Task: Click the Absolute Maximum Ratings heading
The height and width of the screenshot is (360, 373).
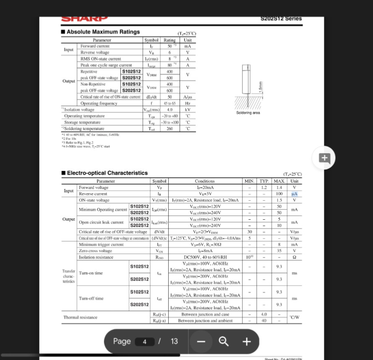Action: point(103,32)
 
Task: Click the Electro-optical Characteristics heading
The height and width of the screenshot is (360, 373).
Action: point(107,173)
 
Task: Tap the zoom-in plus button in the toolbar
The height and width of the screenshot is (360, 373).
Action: point(247,342)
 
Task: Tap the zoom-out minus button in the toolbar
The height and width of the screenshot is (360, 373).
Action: point(201,342)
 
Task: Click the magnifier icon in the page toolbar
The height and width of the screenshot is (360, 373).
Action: point(224,342)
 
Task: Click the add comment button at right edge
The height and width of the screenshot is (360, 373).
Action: point(324,158)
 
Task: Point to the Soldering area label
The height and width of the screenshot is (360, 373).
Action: point(248,113)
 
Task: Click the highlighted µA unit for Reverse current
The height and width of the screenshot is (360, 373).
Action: point(294,194)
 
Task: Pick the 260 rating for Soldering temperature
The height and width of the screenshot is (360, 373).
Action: point(170,129)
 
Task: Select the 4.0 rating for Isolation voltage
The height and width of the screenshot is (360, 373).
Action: point(170,110)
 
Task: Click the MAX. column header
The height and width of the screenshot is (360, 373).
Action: point(279,181)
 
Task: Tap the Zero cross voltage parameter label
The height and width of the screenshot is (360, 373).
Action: point(96,251)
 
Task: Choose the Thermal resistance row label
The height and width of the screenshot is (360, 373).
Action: point(80,317)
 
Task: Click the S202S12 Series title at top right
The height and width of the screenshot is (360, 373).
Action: point(281,18)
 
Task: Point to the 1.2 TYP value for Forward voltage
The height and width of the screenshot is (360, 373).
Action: point(263,188)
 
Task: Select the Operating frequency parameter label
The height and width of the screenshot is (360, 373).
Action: point(99,103)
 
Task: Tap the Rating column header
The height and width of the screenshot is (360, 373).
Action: point(170,40)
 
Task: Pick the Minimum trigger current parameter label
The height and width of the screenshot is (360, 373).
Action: point(101,244)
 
